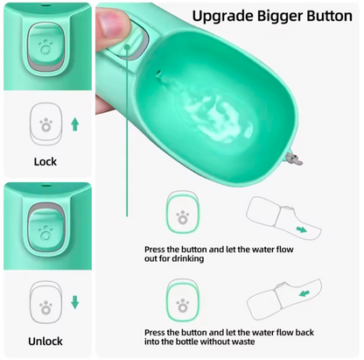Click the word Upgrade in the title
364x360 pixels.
pos(221,17)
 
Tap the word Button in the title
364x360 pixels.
pos(328,15)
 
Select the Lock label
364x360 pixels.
pos(45,162)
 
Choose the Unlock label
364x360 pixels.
pos(45,341)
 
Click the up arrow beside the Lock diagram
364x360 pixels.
pos(75,124)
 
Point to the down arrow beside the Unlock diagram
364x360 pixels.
pos(75,302)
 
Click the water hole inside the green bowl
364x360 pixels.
pos(158,73)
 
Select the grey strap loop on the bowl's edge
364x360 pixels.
pos(294,158)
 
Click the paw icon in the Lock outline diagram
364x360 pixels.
pos(45,124)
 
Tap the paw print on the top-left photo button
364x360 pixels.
pos(45,47)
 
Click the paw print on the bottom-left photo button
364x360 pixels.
pos(45,232)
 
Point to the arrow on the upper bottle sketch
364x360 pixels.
pos(302,229)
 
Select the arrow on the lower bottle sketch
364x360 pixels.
pos(304,293)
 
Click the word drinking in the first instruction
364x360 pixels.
pos(188,258)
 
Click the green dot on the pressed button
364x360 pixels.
pos(127,46)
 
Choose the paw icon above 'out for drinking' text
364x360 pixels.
pos(183,217)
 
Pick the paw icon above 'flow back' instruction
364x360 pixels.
pos(183,305)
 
